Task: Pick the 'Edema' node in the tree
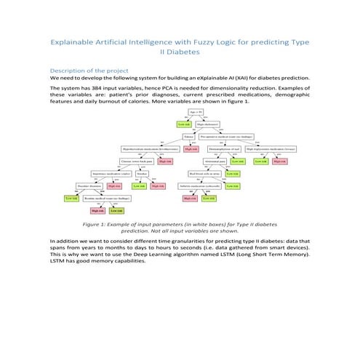[x=190, y=137]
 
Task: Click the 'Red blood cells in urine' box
[x=203, y=174]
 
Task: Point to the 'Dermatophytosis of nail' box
[x=223, y=149]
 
